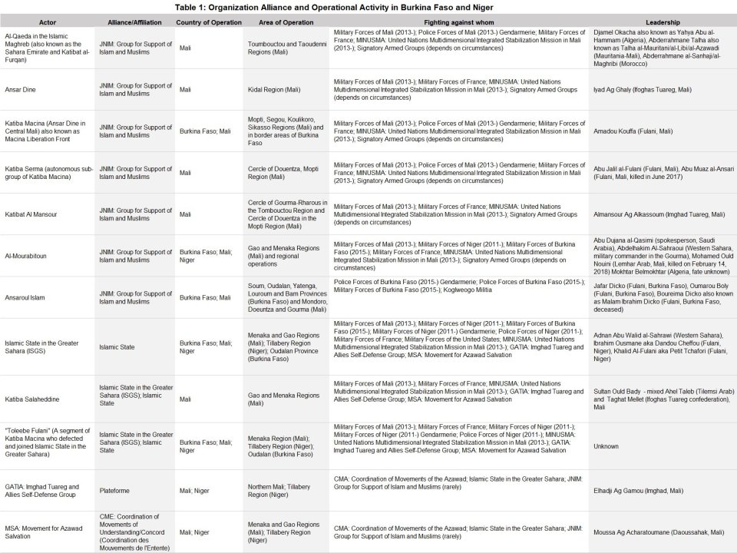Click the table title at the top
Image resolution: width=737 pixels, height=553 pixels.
(368, 7)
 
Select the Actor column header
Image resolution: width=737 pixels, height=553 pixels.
(48, 22)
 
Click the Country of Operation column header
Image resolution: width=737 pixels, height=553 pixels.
(209, 22)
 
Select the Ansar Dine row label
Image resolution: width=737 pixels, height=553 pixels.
(19, 90)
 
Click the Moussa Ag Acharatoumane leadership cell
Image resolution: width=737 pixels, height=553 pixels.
(658, 531)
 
